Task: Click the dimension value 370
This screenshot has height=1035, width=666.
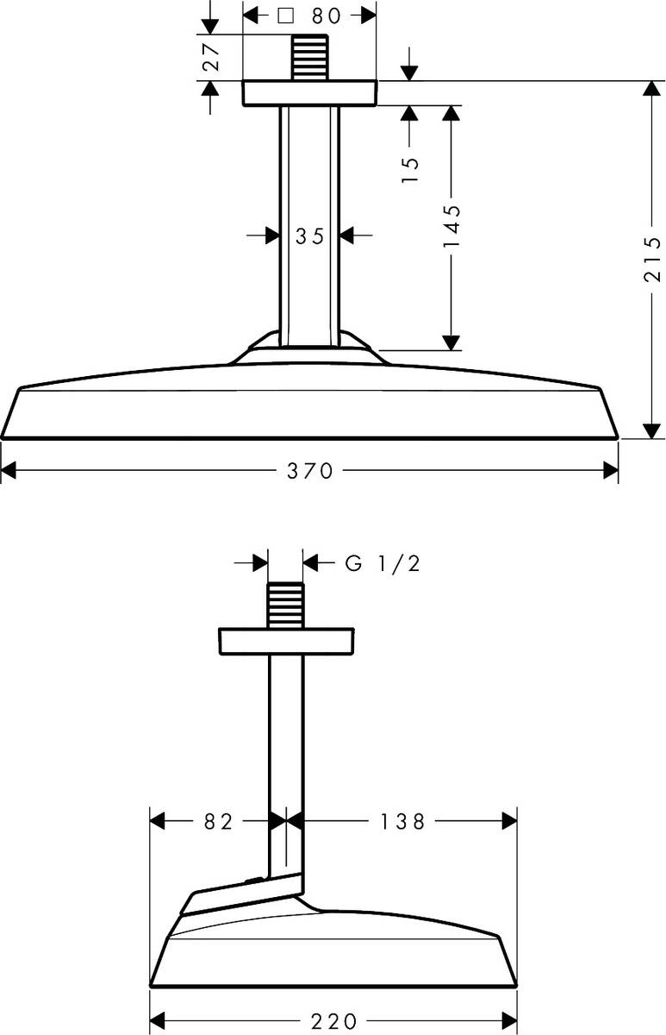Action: pos(310,471)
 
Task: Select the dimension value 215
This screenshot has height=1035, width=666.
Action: pos(651,260)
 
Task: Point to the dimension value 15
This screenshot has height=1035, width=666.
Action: pos(409,168)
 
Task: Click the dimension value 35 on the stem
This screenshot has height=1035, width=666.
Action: pos(310,235)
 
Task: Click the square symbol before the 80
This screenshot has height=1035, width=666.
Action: pos(287,16)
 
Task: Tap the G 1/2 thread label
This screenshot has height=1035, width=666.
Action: pos(383,564)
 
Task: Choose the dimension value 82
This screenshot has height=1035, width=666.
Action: pos(220,822)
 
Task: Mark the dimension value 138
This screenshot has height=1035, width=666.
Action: pos(402,822)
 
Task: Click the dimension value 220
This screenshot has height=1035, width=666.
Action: pos(333,1021)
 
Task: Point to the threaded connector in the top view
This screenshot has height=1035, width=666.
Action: pos(310,58)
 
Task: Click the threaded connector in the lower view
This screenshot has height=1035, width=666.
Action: pos(285,606)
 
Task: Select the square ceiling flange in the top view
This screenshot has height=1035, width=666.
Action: pos(310,93)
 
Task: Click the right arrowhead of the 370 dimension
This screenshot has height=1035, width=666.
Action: pos(611,471)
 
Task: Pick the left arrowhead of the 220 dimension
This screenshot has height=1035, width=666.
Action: pos(159,1021)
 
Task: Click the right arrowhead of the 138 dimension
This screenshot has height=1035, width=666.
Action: pos(508,822)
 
